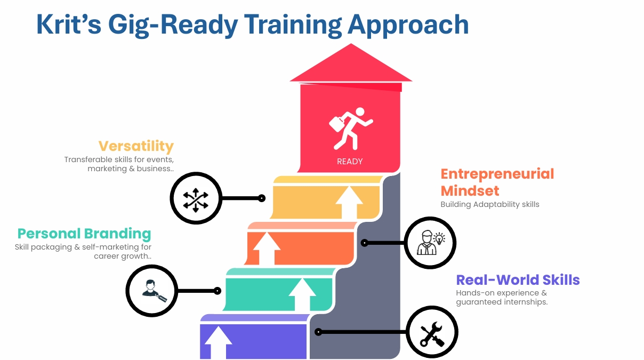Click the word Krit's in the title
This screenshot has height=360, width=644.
(x=69, y=25)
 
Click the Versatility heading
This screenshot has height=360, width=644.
(x=136, y=146)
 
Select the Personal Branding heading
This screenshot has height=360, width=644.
(x=84, y=234)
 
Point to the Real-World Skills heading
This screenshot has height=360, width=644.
(x=518, y=280)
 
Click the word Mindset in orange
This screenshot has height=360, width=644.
(x=470, y=190)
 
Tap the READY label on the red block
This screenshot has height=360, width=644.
(x=350, y=162)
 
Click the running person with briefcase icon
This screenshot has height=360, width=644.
(x=351, y=129)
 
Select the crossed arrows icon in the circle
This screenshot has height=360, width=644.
(x=196, y=200)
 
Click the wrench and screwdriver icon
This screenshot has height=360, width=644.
(x=432, y=333)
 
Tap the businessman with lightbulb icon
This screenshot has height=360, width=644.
(x=431, y=243)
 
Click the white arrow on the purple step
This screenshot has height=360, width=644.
(x=218, y=342)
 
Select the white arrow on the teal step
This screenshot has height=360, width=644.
(x=302, y=294)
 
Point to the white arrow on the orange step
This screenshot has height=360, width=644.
(x=267, y=248)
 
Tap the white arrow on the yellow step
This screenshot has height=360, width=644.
(x=349, y=202)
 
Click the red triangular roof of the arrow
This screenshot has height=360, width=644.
(x=351, y=63)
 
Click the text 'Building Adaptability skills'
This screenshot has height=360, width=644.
(x=490, y=205)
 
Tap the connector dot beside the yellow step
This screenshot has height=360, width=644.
(x=262, y=198)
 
